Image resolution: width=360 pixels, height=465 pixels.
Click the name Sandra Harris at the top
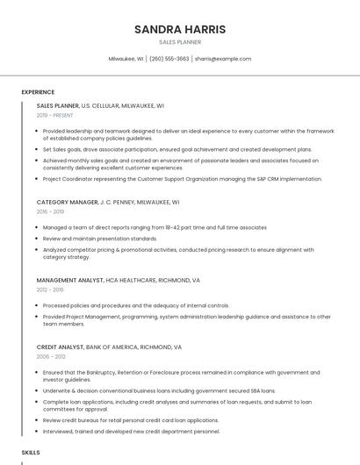[x=180, y=29]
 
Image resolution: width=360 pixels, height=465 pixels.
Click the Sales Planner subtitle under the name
[x=180, y=42]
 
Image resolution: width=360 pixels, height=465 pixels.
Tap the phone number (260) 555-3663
[x=169, y=59]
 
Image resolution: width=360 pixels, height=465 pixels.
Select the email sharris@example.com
[x=223, y=59]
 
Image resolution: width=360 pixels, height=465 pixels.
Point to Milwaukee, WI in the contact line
[x=126, y=59]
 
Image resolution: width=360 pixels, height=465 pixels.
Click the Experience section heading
[x=38, y=92]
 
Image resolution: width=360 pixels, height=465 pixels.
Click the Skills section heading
[x=31, y=452]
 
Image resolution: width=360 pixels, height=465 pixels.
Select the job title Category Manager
[x=67, y=202]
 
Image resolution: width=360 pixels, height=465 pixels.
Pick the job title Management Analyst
[x=69, y=280]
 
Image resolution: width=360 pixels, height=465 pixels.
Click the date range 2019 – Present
[x=54, y=115]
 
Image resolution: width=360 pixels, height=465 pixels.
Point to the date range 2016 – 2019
[x=50, y=211]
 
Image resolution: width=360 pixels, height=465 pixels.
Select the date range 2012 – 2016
[x=50, y=290]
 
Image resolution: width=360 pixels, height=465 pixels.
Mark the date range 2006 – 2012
[x=51, y=356]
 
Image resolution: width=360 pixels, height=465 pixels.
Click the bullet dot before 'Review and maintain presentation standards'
[x=38, y=239]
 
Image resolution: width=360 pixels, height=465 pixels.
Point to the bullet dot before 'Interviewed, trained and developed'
[x=38, y=432]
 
